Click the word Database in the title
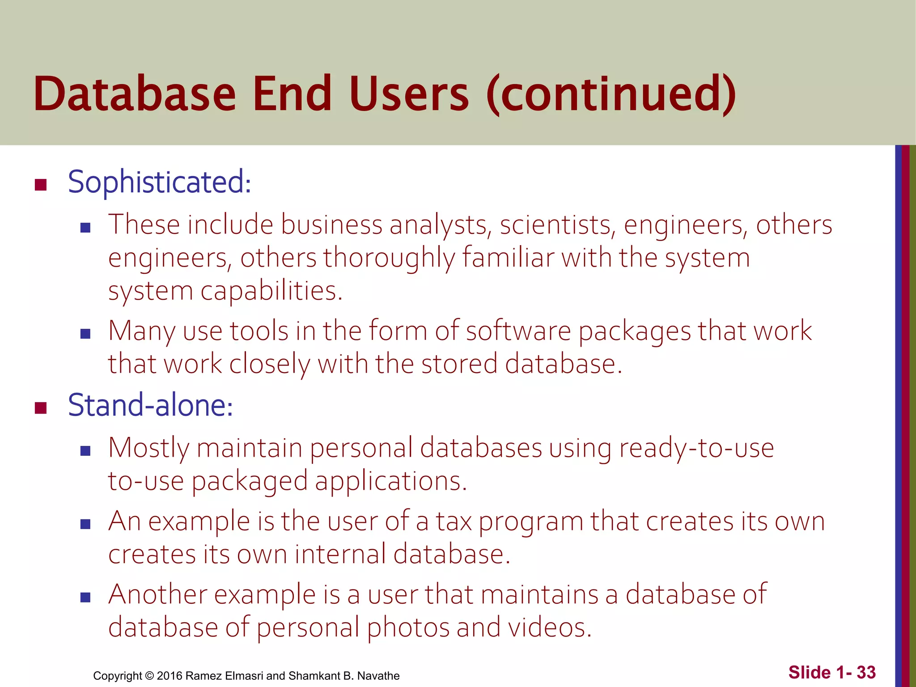tap(135, 94)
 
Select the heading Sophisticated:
tap(159, 182)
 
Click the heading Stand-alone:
tap(150, 405)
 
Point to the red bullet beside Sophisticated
tap(41, 185)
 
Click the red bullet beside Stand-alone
tap(41, 408)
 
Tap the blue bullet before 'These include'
tap(85, 228)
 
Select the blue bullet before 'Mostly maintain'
tap(85, 451)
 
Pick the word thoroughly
tap(389, 258)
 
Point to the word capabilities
tap(271, 291)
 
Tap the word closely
tap(270, 364)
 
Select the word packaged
tap(250, 481)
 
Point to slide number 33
tap(866, 672)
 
